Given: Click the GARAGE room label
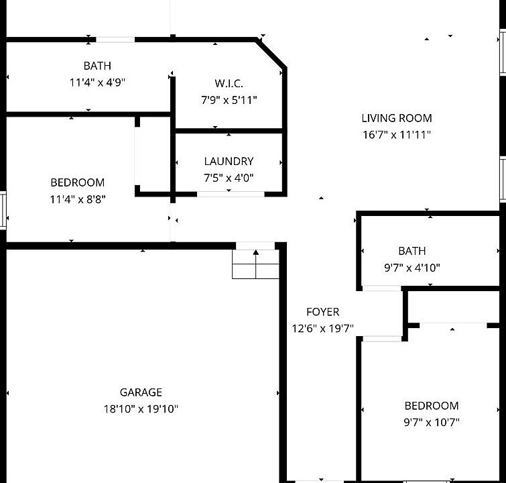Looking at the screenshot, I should point(141,392).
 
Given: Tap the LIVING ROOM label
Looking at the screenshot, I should point(397,118).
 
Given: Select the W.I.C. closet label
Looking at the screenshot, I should point(229,83).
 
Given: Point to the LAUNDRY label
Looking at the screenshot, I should point(229,161).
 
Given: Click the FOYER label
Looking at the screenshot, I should point(322,312).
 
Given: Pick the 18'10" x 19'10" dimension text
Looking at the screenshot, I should point(141,409).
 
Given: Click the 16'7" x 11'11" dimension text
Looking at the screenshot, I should point(397,135).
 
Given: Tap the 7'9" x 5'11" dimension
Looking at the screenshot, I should point(229,100).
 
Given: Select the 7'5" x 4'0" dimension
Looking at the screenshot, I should point(229,178).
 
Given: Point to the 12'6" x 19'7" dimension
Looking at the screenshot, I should point(322,329).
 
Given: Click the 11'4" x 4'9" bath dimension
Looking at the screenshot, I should point(97,83).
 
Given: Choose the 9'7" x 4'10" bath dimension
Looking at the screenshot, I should point(412,268).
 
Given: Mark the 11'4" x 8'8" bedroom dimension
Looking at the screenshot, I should point(78,199).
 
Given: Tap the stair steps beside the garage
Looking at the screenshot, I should point(255,264).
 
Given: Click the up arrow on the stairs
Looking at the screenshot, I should point(255,253).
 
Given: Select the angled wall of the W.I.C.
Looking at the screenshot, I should point(271,53).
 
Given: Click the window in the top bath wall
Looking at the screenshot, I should point(115,40).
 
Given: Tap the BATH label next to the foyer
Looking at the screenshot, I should point(412,251).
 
